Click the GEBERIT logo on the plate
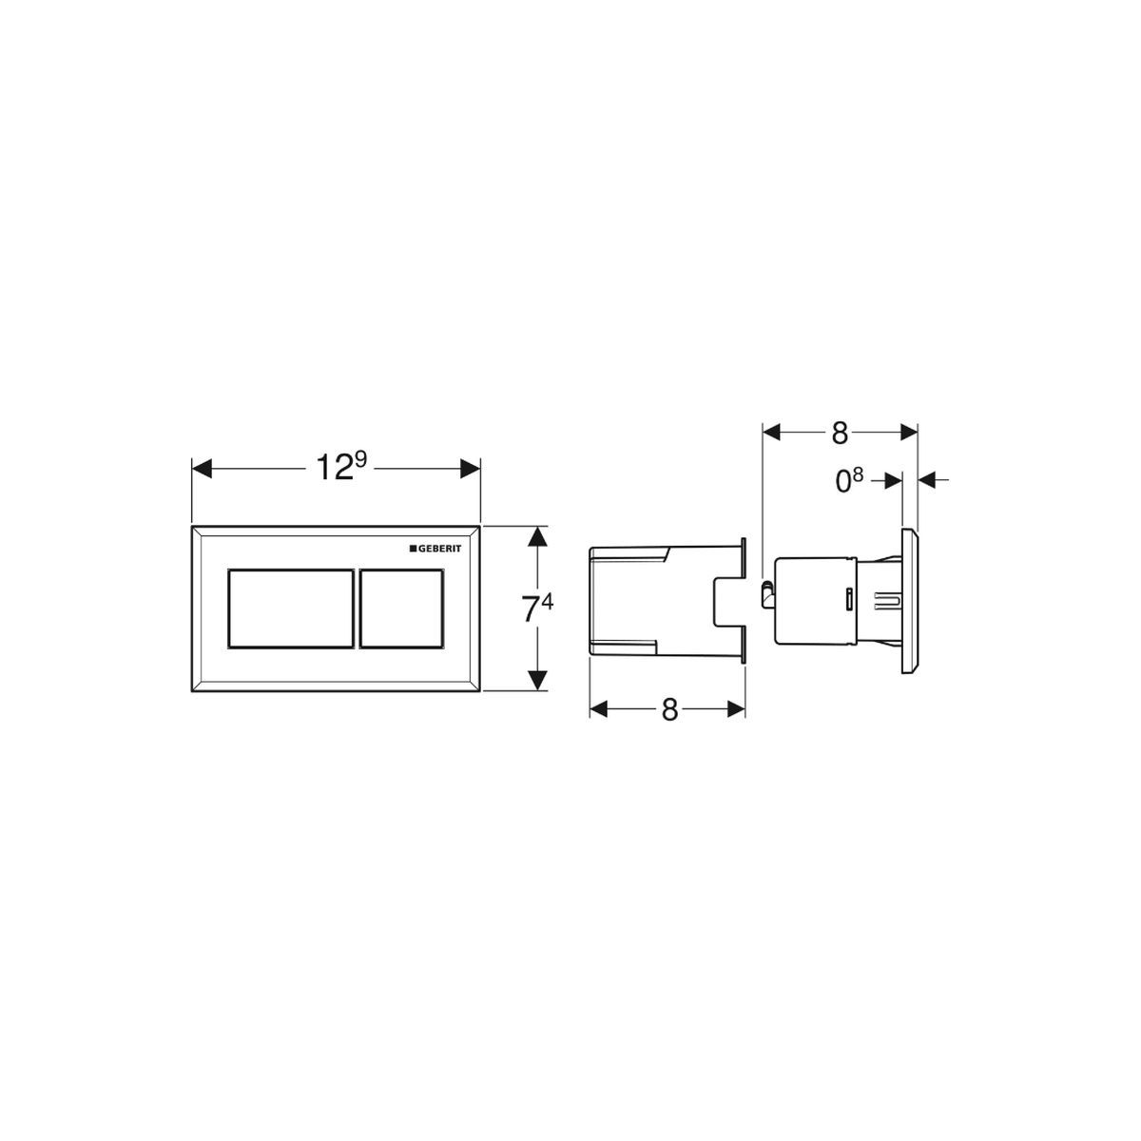(x=435, y=549)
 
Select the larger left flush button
(x=291, y=609)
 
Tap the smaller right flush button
(x=401, y=609)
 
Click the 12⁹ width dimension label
(x=341, y=467)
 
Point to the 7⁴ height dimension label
(x=536, y=609)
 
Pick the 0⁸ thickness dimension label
(x=849, y=480)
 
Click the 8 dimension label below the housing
(x=669, y=709)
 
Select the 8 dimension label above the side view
(x=840, y=434)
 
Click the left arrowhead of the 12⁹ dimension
(x=202, y=469)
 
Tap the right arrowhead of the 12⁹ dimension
(x=470, y=469)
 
